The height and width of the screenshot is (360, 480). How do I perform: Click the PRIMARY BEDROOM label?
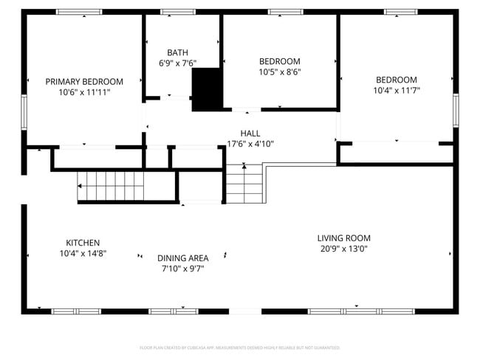pos(84,82)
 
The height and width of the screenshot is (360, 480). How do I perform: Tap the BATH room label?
pos(177,52)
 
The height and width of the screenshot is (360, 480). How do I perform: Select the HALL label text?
pos(250,134)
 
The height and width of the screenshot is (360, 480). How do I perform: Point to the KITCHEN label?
pos(83,243)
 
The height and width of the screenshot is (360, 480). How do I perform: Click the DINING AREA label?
pos(182,257)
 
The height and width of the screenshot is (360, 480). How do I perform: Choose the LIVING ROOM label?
pos(343,238)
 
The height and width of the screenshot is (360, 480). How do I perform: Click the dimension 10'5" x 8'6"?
pos(279,72)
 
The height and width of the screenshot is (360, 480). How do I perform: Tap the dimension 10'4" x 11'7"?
pos(396,91)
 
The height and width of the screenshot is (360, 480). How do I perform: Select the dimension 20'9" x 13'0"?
pos(343,249)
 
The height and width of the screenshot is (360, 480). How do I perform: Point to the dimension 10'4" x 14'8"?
pos(83,253)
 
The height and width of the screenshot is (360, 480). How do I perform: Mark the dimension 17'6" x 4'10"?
pos(250,145)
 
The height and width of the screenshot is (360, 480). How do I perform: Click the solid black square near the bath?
pos(206,89)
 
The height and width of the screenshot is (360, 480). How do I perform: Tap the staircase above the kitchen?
pos(111,185)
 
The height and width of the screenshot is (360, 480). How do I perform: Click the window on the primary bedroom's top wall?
pos(79,12)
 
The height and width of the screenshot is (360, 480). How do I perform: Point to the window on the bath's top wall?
pos(177,12)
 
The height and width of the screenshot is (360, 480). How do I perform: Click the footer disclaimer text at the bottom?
pos(239,347)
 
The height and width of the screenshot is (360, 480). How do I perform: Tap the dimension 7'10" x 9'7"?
pos(182,269)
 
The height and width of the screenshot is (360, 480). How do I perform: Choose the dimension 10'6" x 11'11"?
pos(84,93)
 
